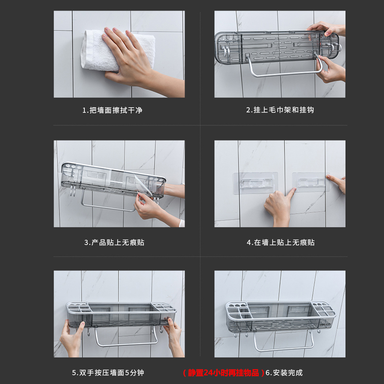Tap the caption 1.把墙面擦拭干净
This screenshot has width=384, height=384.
coord(112,110)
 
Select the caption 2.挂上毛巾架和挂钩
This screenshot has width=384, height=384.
coord(280,110)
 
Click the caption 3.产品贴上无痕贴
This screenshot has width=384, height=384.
coord(114,242)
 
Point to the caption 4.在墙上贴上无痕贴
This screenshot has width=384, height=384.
coord(281,242)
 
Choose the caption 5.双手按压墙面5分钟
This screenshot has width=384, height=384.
coord(108,373)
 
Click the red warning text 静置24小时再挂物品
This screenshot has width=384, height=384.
coord(223,373)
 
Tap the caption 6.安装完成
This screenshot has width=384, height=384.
coord(284,373)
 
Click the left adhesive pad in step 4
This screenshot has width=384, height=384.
coord(255,183)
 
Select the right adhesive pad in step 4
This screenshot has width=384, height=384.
coord(311,182)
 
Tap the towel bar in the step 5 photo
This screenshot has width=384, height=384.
coord(126,345)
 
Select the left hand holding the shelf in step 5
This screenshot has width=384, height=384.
coord(72,338)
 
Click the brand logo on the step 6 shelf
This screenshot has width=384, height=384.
coord(325,324)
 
